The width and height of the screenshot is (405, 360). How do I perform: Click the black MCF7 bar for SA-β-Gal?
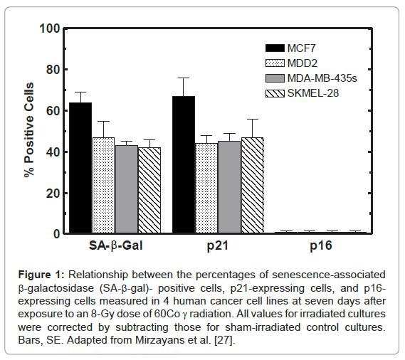[80, 168]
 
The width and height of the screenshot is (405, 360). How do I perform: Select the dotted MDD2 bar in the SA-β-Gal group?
[103, 186]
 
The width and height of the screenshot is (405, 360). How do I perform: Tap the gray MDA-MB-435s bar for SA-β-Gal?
[127, 189]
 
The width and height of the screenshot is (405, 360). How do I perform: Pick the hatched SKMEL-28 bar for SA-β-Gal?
[149, 191]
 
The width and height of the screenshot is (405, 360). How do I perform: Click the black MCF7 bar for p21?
[184, 165]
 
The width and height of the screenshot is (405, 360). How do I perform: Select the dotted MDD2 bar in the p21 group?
[206, 189]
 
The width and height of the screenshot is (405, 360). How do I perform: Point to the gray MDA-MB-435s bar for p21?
[229, 187]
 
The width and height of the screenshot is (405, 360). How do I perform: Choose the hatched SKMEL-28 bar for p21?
[253, 186]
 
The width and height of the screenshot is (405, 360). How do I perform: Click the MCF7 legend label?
[302, 48]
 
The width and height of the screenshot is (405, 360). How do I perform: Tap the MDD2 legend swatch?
[275, 63]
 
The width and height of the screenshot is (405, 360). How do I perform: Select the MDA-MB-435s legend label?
[322, 78]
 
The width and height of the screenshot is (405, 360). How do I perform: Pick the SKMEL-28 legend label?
[313, 93]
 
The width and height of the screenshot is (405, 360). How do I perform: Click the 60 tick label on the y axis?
[53, 111]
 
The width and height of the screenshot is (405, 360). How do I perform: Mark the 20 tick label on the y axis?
[53, 194]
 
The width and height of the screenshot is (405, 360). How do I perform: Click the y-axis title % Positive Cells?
[29, 130]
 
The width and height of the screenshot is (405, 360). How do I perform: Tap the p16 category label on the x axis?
[321, 245]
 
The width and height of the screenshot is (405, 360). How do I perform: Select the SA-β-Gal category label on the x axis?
[116, 245]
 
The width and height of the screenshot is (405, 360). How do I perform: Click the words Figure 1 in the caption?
[41, 275]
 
